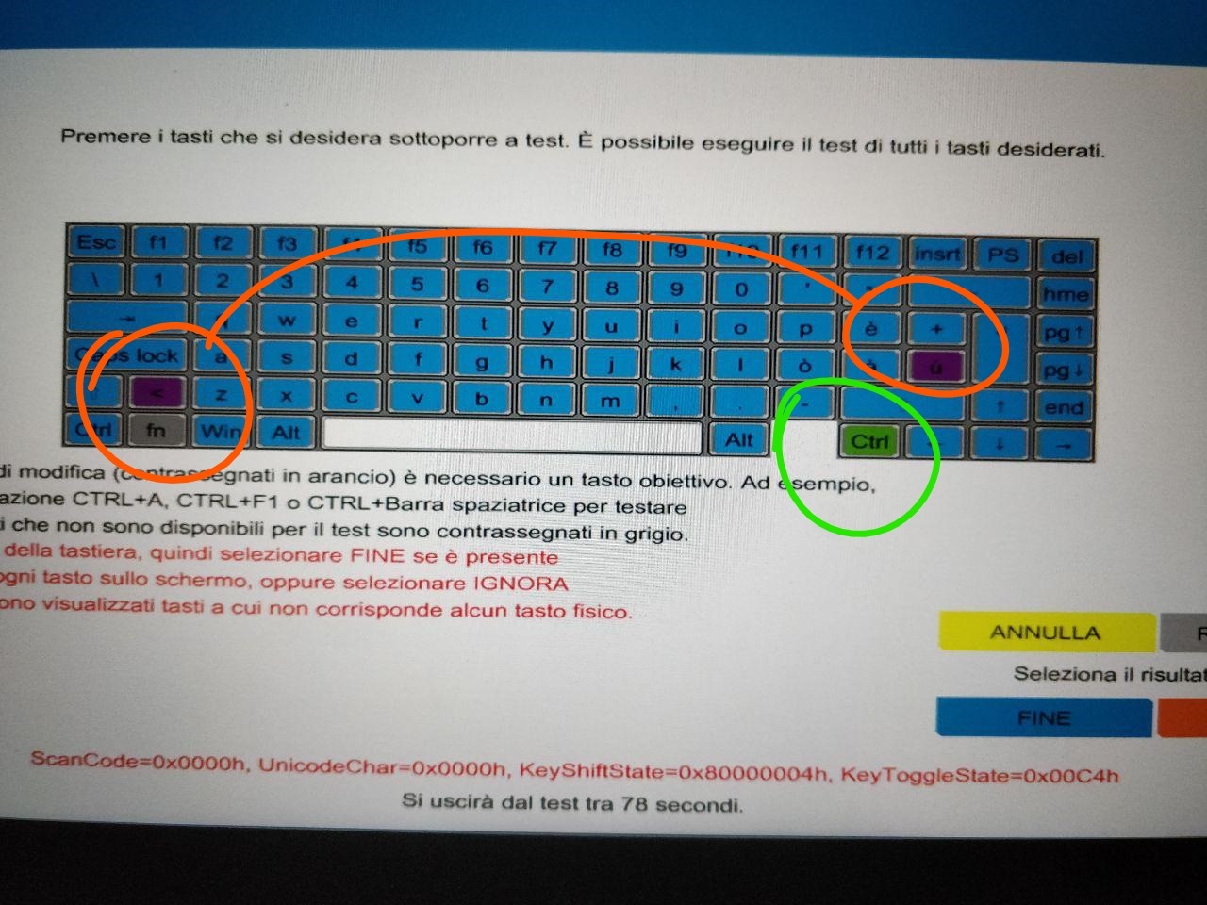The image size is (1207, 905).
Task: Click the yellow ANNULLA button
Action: click(x=1045, y=632)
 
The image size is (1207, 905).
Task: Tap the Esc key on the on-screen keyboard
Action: click(x=95, y=243)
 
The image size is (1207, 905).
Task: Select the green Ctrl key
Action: click(x=869, y=441)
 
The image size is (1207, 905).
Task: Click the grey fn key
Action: click(x=156, y=430)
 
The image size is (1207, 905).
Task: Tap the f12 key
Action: click(x=872, y=253)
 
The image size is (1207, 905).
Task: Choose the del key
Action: click(x=1066, y=256)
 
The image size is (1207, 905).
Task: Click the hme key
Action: click(x=1066, y=294)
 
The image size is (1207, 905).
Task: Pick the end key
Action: click(x=1064, y=407)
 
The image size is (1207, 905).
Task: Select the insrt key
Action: click(x=937, y=254)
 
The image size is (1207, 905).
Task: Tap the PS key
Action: click(x=1002, y=255)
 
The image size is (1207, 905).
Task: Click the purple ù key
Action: click(x=935, y=367)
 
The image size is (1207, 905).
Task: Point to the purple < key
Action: click(x=157, y=391)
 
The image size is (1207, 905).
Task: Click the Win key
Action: click(x=220, y=432)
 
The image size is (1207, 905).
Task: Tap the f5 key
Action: click(x=417, y=247)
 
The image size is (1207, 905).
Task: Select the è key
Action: click(x=871, y=328)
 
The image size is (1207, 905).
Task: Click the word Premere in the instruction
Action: click(x=106, y=137)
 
